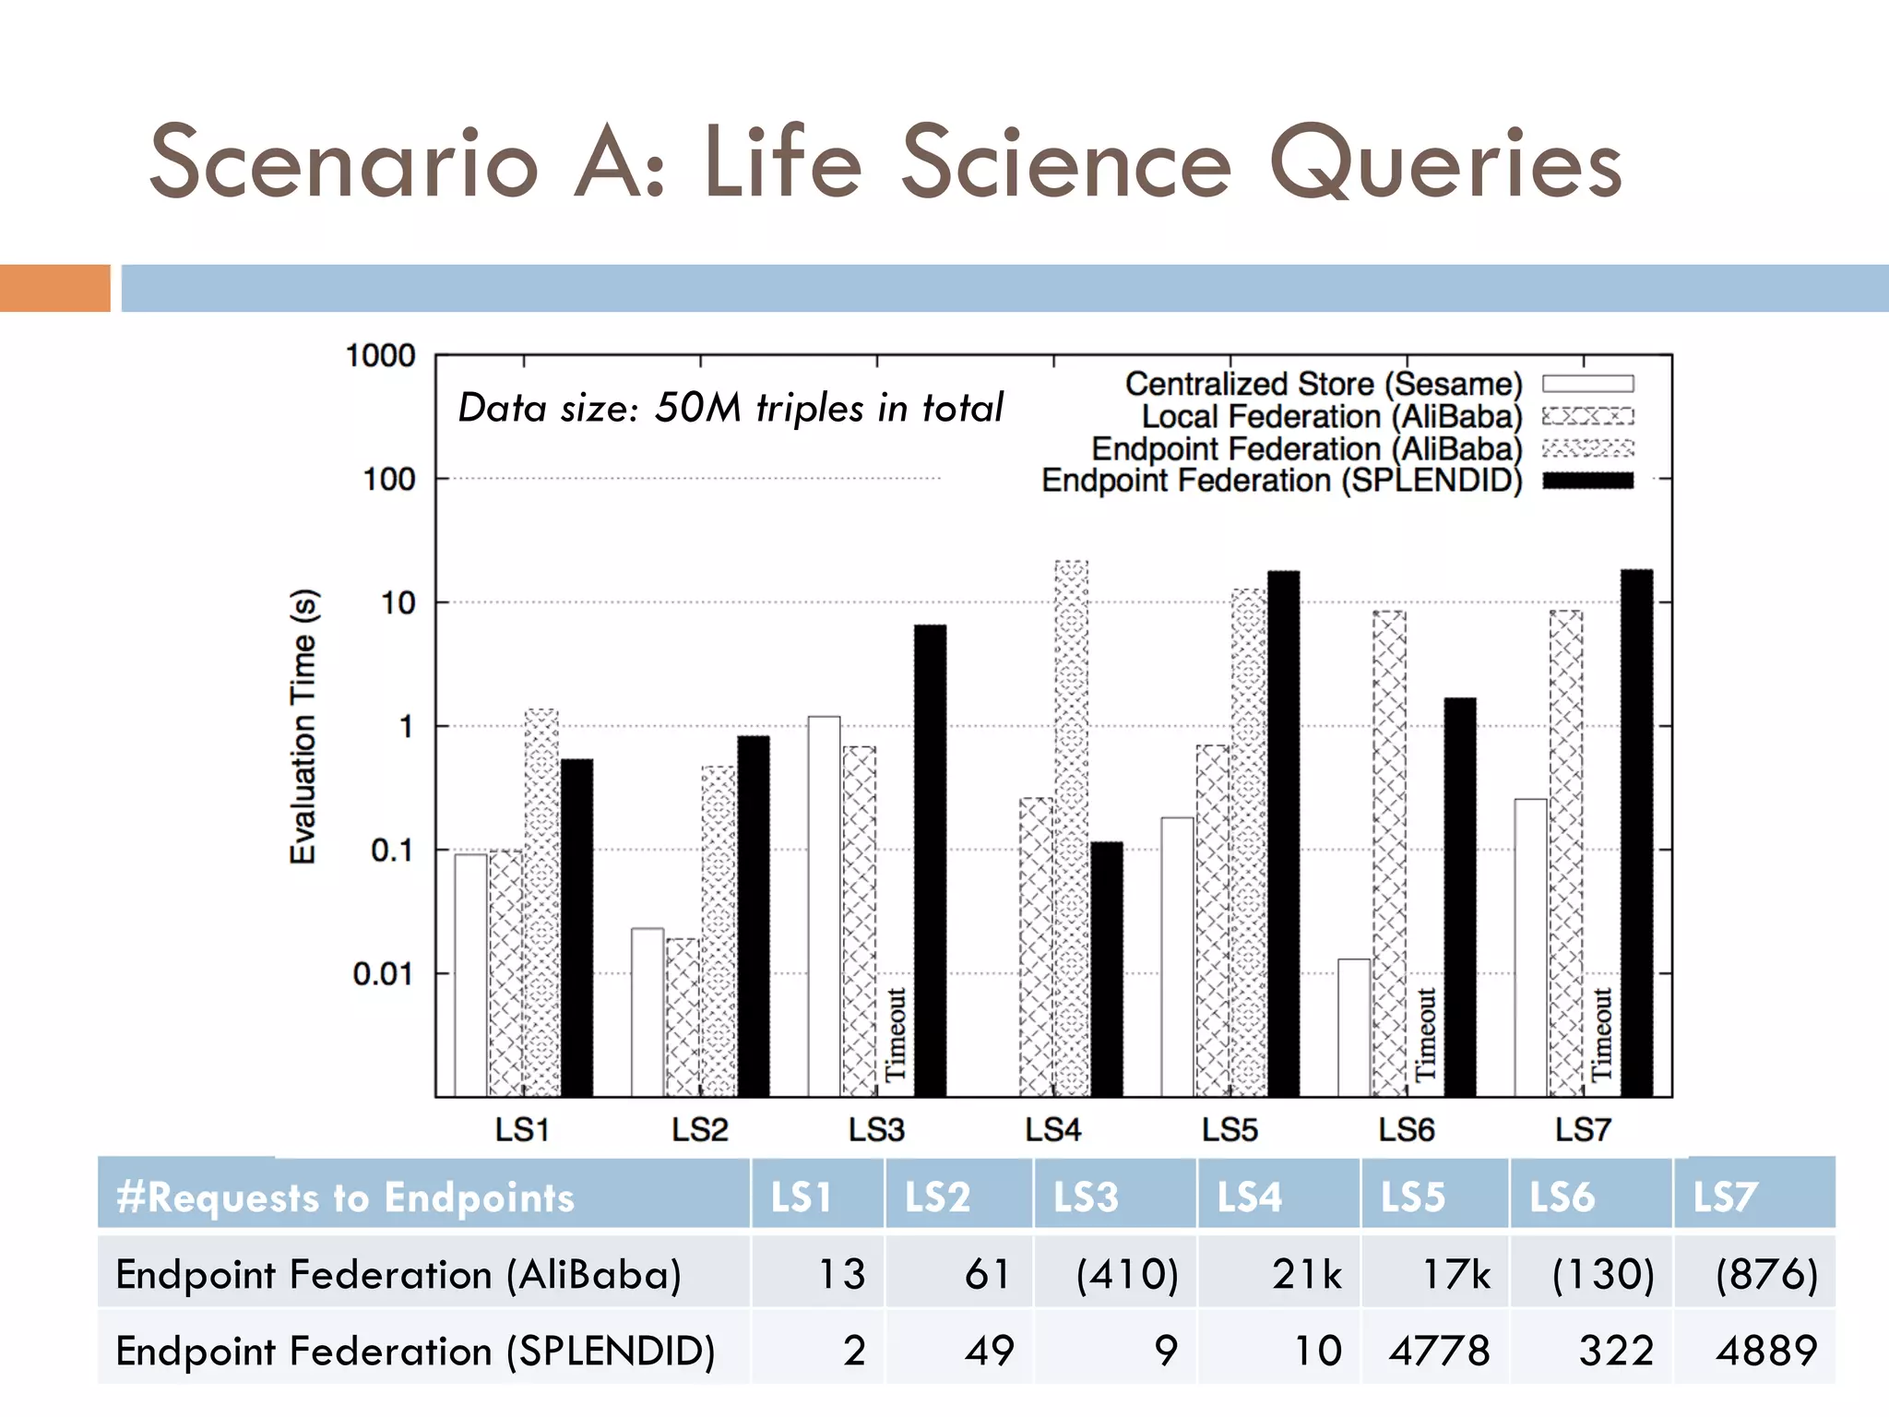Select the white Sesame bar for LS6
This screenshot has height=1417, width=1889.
(x=1354, y=1028)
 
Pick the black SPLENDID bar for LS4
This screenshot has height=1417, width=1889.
(x=1107, y=969)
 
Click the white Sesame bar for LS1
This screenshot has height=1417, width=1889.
(x=470, y=975)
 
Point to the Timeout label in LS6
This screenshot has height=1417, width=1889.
(x=1426, y=1034)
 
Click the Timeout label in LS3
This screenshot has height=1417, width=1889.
(x=896, y=1034)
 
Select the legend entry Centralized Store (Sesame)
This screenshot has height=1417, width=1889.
(x=1324, y=384)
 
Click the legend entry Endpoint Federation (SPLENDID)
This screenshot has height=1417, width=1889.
(x=1282, y=481)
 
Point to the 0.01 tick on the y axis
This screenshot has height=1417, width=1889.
(x=384, y=973)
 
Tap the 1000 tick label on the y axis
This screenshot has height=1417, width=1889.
(x=380, y=356)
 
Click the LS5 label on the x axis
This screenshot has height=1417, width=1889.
(x=1230, y=1129)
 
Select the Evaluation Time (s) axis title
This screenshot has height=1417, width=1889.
(x=303, y=726)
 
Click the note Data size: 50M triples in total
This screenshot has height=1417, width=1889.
(x=730, y=408)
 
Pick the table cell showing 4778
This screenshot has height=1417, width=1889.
(x=1439, y=1351)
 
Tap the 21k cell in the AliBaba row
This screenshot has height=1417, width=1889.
(x=1306, y=1274)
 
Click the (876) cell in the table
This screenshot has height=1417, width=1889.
(x=1765, y=1274)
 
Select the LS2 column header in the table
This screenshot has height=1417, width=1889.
(x=937, y=1197)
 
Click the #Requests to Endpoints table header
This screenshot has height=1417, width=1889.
(x=345, y=1197)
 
